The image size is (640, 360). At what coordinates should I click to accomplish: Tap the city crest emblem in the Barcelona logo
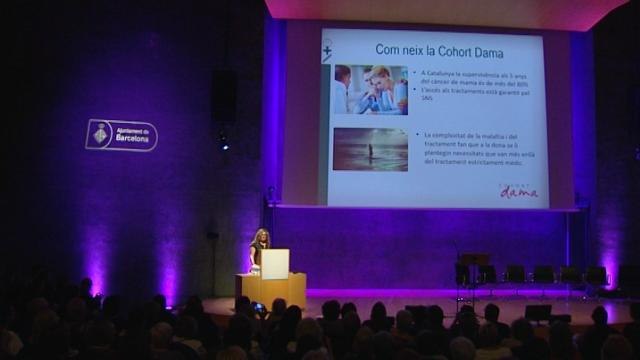[x=100, y=133]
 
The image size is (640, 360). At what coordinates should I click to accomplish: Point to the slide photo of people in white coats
[x=370, y=90]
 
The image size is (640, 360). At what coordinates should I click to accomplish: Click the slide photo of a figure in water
[x=370, y=149]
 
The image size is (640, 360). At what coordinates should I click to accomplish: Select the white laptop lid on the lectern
[x=274, y=262]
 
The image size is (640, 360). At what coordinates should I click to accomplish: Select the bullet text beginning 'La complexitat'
[x=470, y=149]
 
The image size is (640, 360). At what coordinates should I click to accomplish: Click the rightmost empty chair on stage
[x=596, y=276]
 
